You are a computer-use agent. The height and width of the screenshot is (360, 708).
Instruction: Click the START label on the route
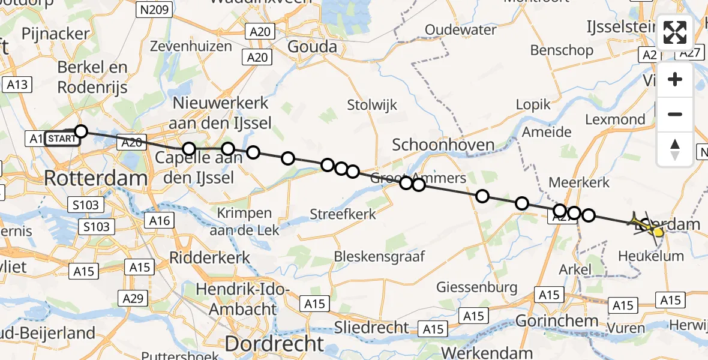[x=61, y=139]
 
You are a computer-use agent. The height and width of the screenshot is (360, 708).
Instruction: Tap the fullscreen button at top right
[x=675, y=32]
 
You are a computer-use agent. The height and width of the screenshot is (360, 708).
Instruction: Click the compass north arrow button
[x=675, y=149]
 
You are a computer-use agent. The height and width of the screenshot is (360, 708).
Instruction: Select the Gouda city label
[x=312, y=46]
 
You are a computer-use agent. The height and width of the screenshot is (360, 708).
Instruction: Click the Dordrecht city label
[x=274, y=344]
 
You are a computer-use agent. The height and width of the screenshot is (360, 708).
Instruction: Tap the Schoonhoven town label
[x=443, y=145]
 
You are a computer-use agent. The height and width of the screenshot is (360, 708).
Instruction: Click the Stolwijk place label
[x=372, y=105]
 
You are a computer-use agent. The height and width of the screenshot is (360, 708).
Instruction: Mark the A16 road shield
[x=159, y=221]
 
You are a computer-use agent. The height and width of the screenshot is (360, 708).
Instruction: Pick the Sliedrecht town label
[x=371, y=328]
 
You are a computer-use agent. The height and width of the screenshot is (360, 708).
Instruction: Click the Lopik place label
[x=533, y=104]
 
